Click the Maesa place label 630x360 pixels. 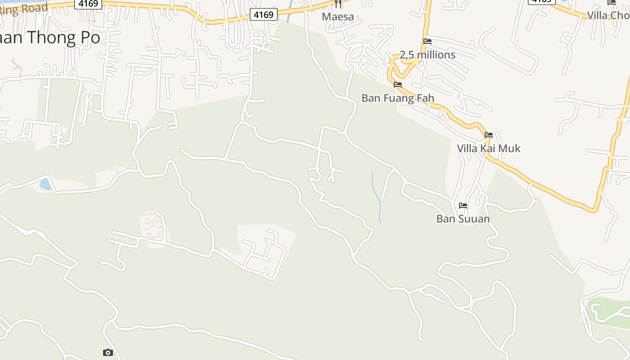point(337,17)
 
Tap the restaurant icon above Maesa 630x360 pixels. point(338,4)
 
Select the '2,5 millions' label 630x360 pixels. point(427,55)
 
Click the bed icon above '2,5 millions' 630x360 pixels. point(427,41)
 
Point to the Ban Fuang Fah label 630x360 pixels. point(398,98)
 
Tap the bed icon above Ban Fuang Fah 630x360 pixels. point(398,84)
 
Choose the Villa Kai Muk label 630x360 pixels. point(489,148)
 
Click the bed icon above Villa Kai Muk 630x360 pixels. point(489,135)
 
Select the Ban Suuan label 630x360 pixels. point(463,219)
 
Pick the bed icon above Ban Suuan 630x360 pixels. point(463,206)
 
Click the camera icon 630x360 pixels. point(108,352)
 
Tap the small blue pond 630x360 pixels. point(45,184)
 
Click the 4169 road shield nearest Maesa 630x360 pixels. point(263,15)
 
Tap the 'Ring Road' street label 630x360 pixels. point(22,9)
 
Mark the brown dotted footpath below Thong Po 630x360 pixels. point(17,67)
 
